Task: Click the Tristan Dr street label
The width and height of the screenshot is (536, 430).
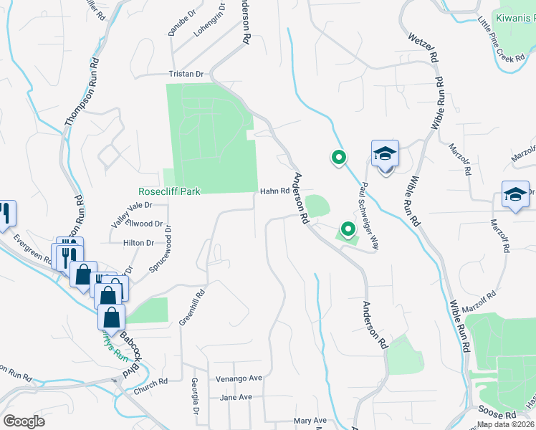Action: point(186,74)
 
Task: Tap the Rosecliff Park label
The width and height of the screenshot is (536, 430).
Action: point(169,191)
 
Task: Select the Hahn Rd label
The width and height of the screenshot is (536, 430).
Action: point(274,191)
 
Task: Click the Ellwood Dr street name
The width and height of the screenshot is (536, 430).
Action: point(139,224)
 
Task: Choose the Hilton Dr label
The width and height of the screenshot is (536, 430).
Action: point(139,243)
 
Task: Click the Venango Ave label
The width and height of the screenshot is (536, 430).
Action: point(239,378)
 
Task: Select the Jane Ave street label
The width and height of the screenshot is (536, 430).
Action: point(236,397)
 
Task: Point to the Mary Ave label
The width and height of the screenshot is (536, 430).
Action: point(310,421)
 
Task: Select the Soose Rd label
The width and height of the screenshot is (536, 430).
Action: point(501,415)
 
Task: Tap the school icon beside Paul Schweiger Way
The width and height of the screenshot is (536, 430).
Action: point(385,154)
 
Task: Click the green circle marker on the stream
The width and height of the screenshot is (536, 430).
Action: point(338,158)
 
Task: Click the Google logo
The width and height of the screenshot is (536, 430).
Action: point(24,421)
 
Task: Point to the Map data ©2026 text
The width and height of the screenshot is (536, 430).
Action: point(505,424)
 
